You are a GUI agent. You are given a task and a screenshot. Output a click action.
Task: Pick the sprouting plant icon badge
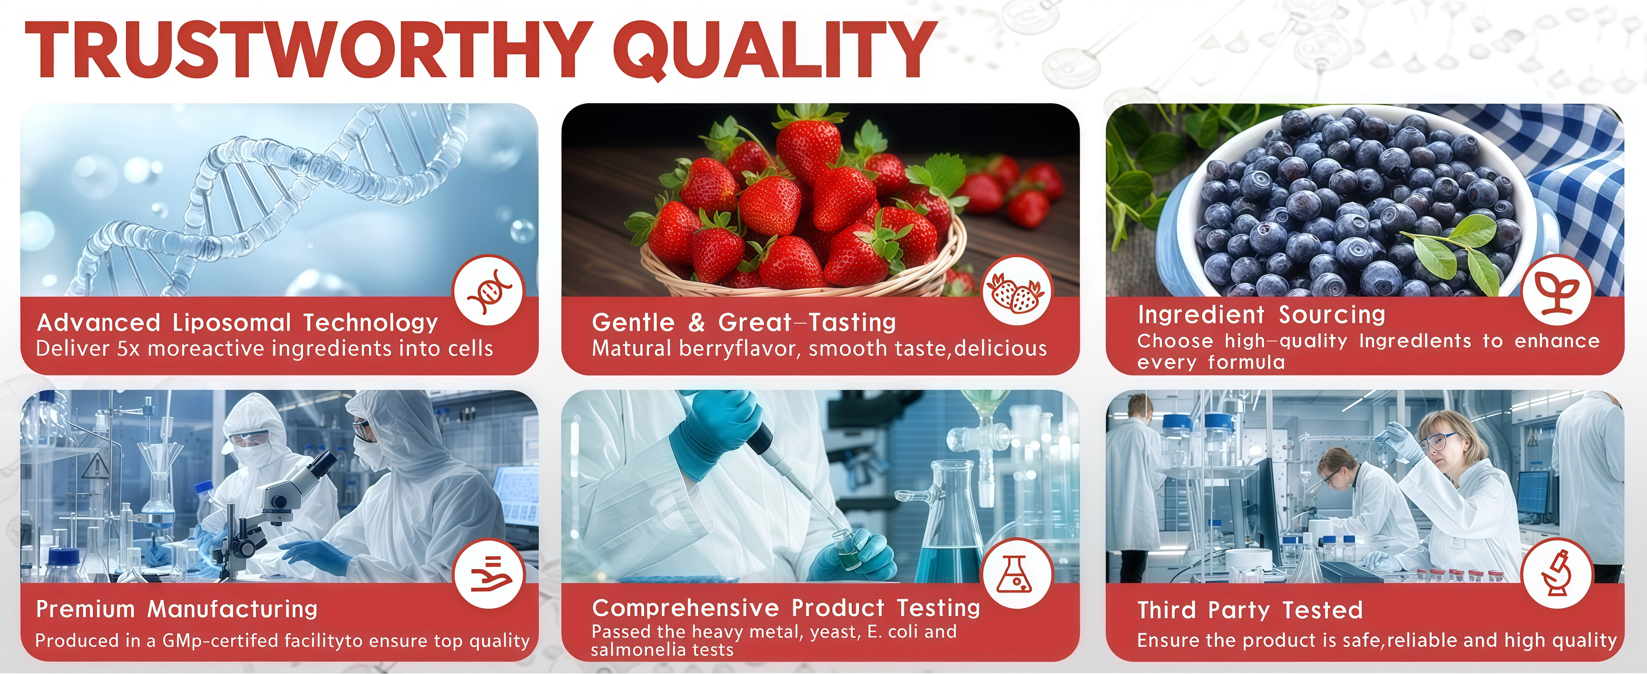tap(1557, 291)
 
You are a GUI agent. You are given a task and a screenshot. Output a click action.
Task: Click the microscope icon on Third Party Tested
tap(1557, 574)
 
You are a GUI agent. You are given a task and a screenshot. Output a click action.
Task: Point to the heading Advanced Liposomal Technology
tap(237, 322)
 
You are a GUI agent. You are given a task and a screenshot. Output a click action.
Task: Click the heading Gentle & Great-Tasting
tap(744, 322)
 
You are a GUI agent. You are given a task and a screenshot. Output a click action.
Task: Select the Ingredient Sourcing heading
tap(1261, 315)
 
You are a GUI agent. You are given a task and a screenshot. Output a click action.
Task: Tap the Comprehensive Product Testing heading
tap(786, 608)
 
